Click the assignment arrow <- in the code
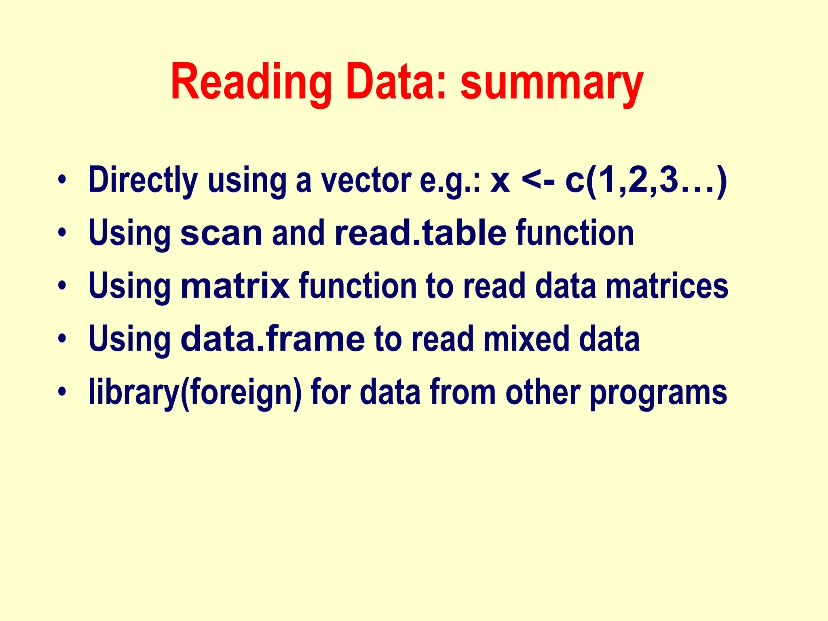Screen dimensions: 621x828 [x=538, y=180]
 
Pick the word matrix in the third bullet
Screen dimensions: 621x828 [x=235, y=286]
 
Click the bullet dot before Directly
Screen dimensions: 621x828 [x=61, y=180]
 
